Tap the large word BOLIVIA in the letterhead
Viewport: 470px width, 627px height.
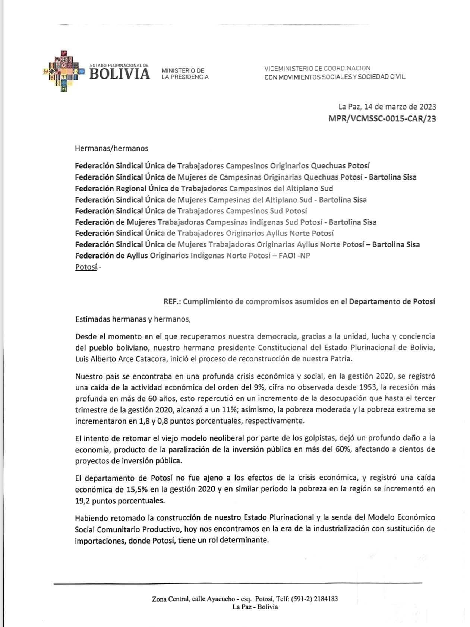coord(120,74)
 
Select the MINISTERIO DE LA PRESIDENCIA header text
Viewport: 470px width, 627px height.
coord(184,74)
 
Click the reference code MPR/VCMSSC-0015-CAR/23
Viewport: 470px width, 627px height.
coord(382,119)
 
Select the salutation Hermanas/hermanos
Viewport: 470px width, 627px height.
coord(111,148)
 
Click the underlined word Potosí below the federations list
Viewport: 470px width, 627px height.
coord(86,267)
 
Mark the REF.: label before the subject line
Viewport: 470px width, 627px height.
coord(172,301)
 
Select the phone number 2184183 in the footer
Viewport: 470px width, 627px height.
coord(326,599)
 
